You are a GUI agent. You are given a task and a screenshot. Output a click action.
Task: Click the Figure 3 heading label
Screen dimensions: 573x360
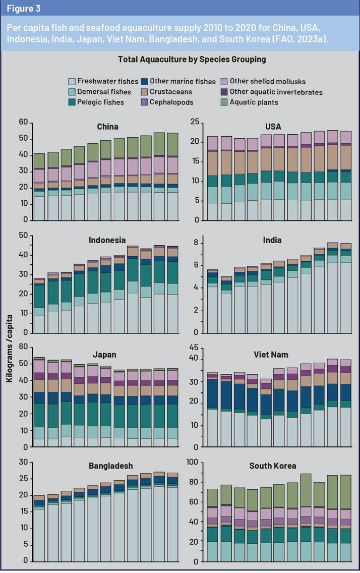(24, 8)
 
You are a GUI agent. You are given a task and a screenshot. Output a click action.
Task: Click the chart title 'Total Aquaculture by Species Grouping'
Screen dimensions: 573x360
(192, 60)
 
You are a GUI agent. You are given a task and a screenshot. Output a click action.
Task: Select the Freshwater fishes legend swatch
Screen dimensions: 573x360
(72, 81)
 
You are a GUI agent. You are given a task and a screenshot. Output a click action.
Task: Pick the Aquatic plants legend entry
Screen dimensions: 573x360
(254, 102)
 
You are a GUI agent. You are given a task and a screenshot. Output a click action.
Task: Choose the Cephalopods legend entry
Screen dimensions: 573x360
(172, 102)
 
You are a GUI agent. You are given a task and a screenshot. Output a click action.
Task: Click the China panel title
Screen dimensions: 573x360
(108, 127)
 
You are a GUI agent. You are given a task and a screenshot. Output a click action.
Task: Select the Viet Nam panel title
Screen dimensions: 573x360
(271, 355)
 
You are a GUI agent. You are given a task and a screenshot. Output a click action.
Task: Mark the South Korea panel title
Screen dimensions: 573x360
(272, 466)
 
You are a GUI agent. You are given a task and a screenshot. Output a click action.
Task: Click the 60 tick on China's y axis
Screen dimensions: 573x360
(23, 122)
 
